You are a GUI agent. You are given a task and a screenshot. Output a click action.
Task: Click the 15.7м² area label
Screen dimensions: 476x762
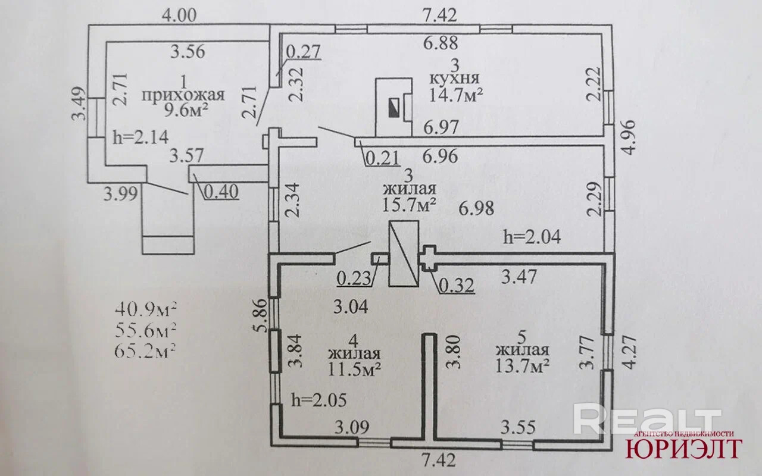[x=411, y=205]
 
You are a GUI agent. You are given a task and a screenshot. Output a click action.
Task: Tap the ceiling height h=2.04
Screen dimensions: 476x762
[x=532, y=237]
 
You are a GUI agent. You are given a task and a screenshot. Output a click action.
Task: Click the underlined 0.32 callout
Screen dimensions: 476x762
[x=457, y=286]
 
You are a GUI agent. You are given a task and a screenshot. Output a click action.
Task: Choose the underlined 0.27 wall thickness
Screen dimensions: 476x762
[x=304, y=52]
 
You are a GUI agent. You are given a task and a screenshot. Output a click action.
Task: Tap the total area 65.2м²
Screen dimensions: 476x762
[x=145, y=349]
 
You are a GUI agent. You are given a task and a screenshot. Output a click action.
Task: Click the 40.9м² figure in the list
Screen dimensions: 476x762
[x=145, y=309]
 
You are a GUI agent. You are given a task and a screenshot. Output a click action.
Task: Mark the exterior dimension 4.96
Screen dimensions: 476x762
[x=629, y=137]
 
